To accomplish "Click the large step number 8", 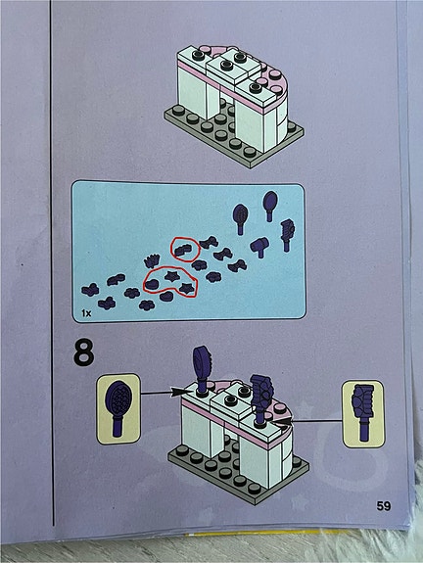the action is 84,352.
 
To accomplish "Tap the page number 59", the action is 384,505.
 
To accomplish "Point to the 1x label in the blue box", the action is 86,313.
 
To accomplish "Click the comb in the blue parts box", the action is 287,235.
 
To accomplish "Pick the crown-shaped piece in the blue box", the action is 152,261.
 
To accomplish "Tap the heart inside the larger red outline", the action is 151,284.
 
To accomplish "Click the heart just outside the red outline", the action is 166,296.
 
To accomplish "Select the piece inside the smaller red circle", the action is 184,249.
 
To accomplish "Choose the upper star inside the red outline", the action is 171,276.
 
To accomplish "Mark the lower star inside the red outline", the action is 187,288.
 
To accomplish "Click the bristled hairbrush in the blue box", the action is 240,218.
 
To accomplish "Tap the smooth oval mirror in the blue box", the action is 270,206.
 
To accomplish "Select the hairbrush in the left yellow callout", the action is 118,407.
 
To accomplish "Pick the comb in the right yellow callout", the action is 363,412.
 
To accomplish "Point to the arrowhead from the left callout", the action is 177,392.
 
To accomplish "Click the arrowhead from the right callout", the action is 284,422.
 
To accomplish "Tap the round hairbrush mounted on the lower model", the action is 202,369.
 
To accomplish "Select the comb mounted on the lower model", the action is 261,398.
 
